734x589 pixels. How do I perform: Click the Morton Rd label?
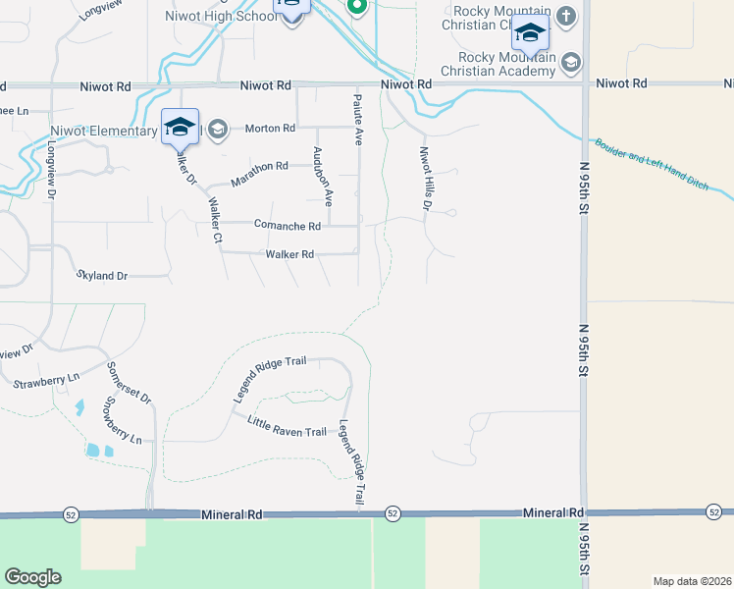point(270,129)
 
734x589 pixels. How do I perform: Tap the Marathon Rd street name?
point(259,174)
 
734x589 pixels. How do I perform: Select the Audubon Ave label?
point(322,176)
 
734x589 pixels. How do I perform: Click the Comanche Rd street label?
point(288,226)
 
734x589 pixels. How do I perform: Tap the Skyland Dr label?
point(102,276)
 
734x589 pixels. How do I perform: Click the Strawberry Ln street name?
point(46,380)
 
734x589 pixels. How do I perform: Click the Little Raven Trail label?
point(287,430)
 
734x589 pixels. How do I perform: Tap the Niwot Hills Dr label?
point(426,179)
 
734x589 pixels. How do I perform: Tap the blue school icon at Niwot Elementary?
point(181,128)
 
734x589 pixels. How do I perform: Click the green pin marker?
point(357,6)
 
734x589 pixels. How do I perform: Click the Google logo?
point(32,577)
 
